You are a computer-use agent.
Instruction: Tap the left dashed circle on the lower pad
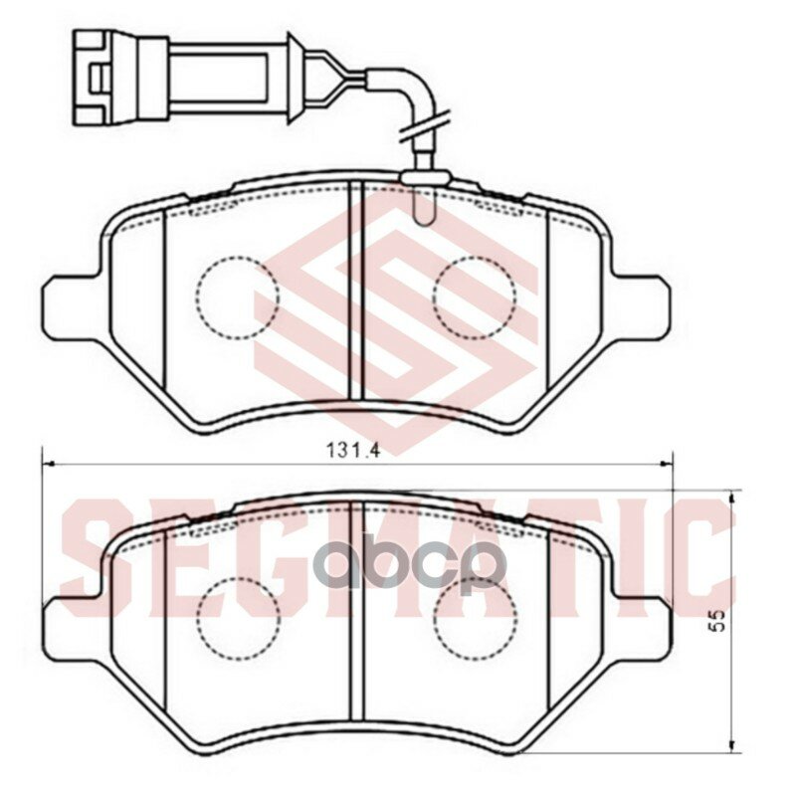click(237, 619)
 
